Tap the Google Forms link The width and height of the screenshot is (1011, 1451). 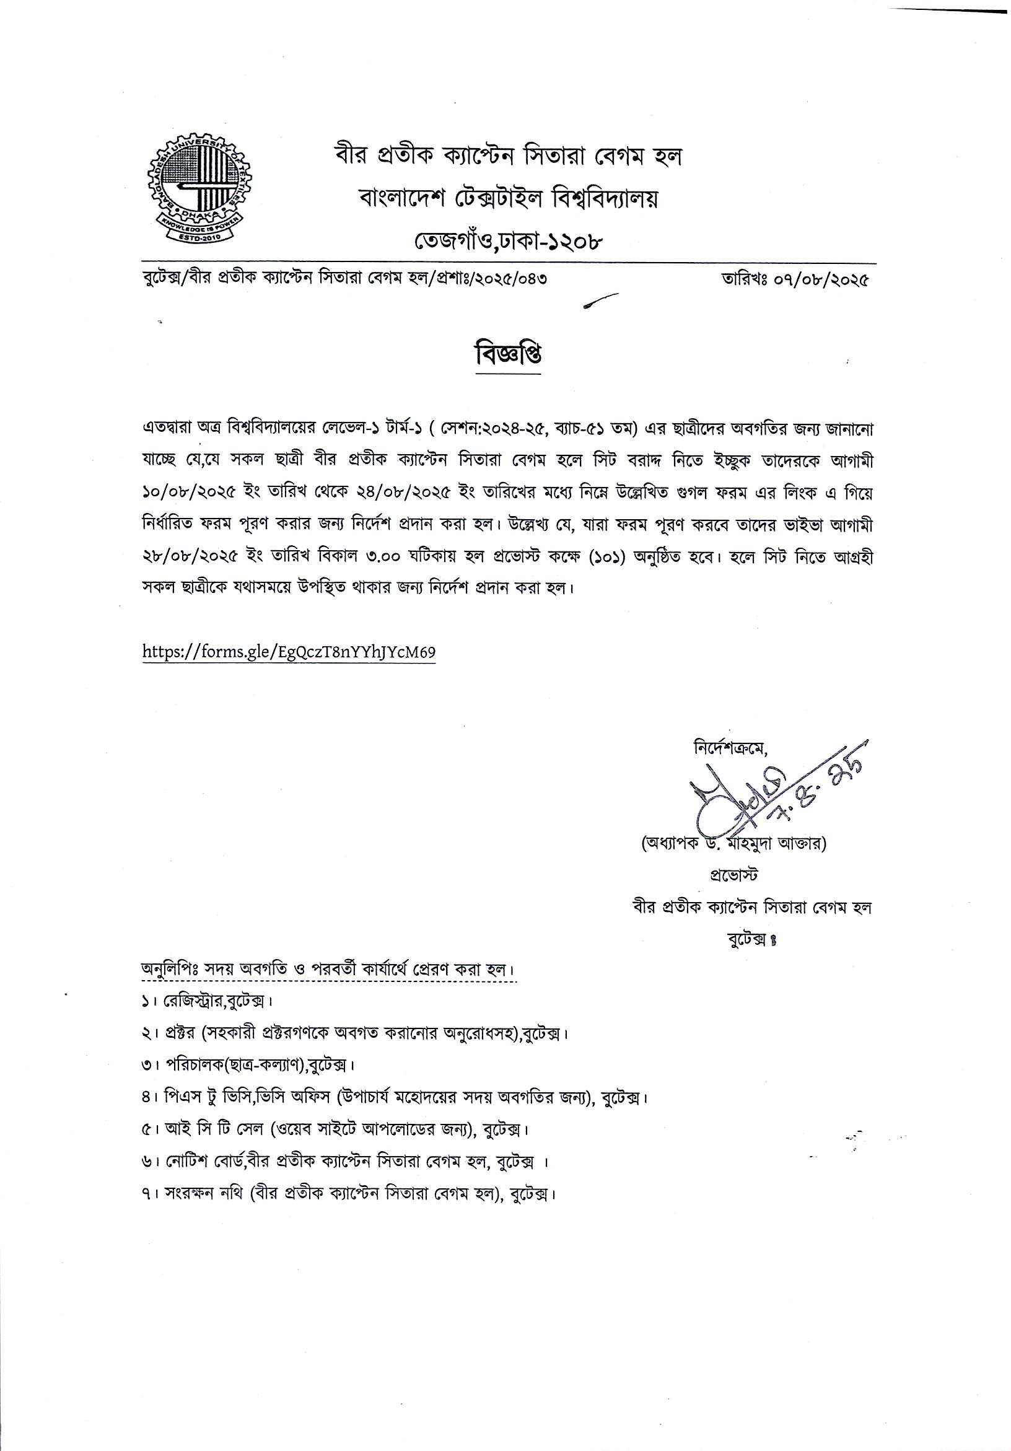pyautogui.click(x=289, y=652)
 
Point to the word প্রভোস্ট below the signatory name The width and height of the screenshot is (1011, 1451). pyautogui.click(x=733, y=875)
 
